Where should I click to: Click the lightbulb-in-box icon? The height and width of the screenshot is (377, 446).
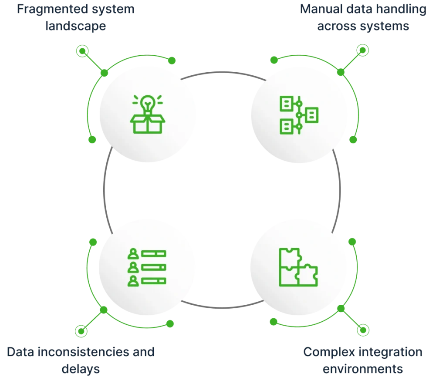147,114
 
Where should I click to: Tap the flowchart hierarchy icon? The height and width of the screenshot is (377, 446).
299,115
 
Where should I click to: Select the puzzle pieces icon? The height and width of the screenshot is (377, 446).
298,267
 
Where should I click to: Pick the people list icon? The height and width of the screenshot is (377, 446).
147,267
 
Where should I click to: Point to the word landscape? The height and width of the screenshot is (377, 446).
76,27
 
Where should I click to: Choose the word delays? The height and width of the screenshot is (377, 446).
81,369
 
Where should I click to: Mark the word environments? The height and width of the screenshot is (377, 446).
363,369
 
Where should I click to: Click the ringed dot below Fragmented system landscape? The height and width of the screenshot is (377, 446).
82,51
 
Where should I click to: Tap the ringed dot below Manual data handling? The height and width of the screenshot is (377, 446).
363,50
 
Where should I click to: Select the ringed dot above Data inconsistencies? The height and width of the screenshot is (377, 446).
81,331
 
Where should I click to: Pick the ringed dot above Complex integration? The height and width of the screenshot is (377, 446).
363,330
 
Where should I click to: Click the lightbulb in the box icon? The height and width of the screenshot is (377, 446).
148,104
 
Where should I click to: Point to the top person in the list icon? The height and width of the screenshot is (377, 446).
133,254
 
